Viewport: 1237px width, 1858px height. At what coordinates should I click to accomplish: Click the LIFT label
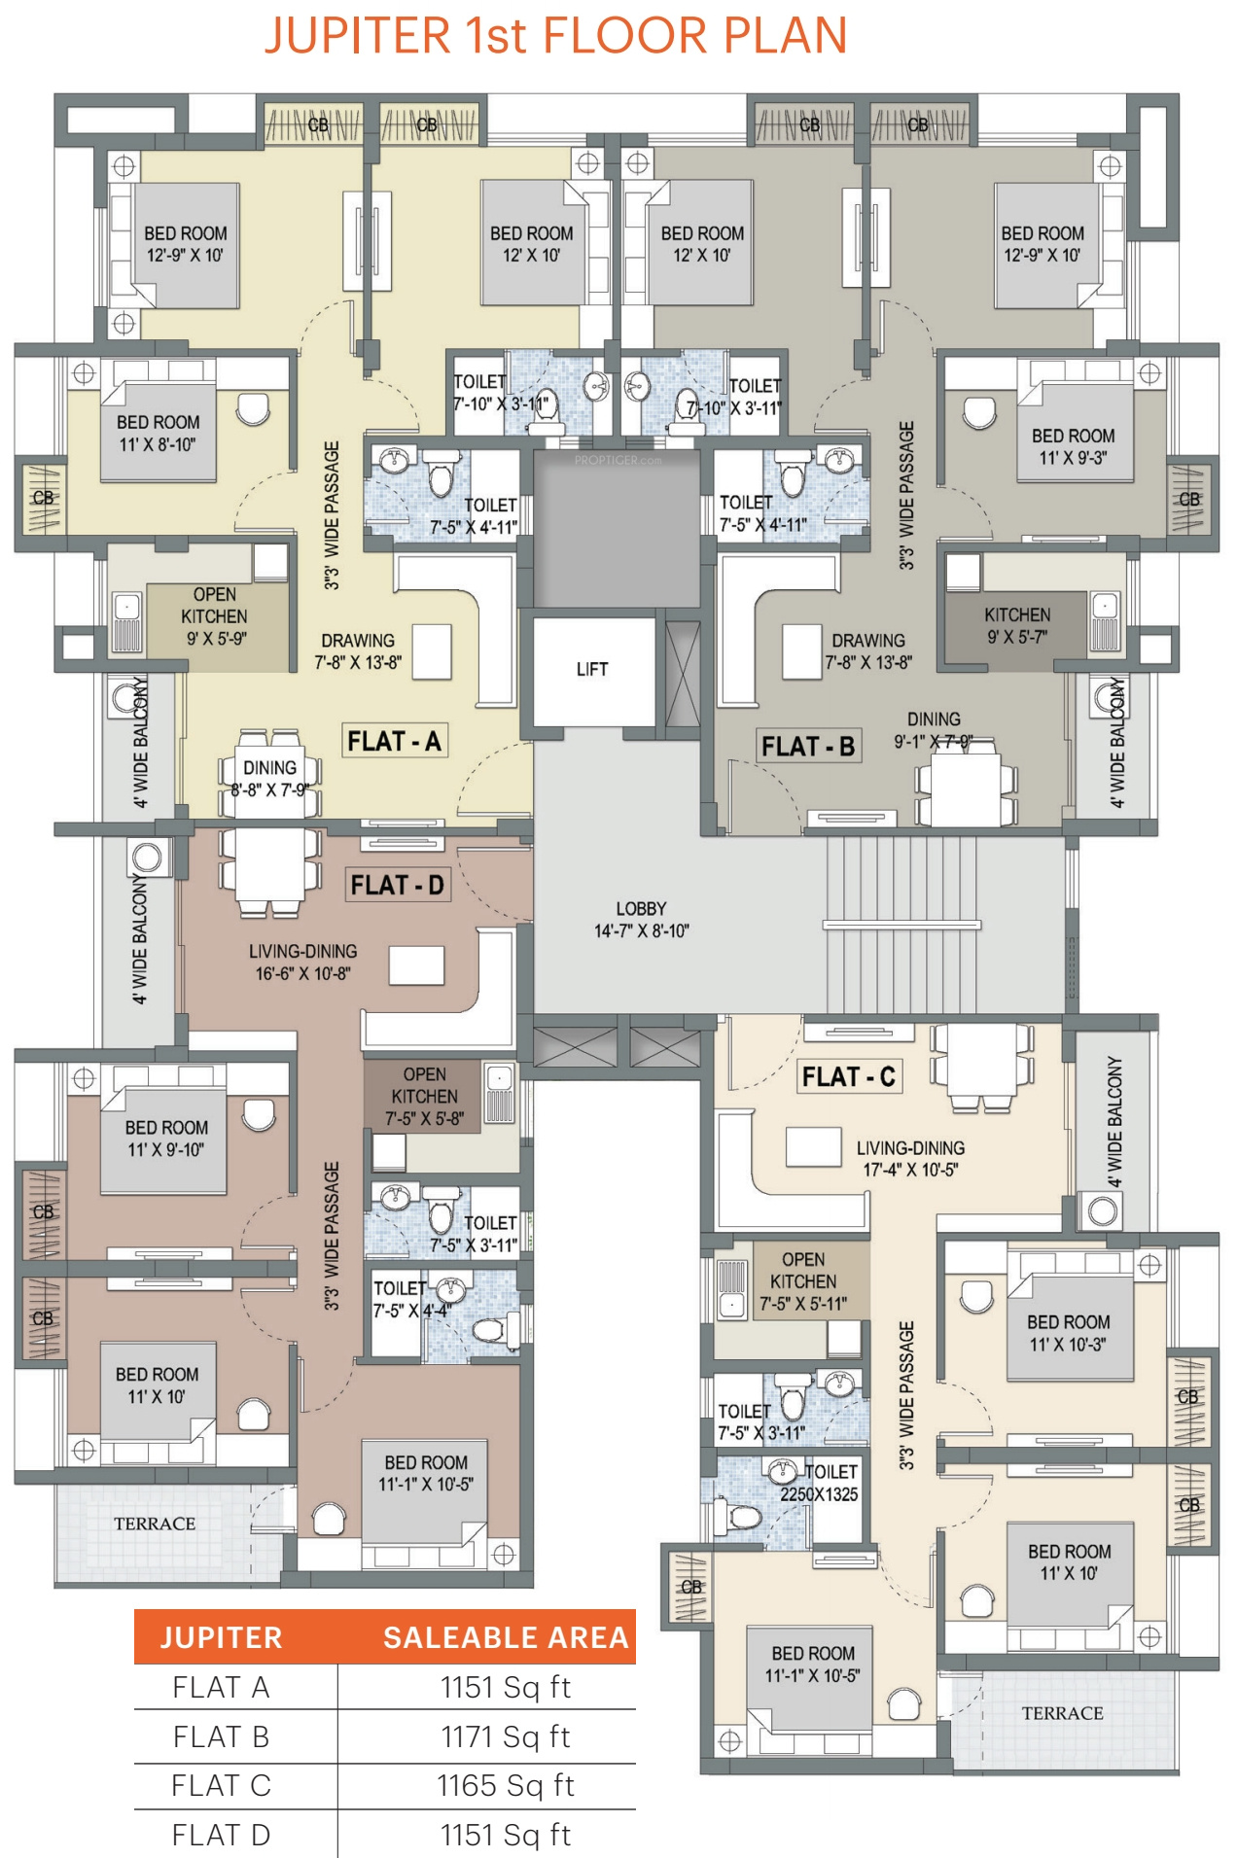[x=591, y=669]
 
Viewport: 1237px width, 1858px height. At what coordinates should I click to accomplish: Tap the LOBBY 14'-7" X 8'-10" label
[x=641, y=920]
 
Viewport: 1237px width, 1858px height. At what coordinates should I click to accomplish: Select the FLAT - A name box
[x=394, y=741]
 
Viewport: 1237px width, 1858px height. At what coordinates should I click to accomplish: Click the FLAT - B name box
[x=808, y=746]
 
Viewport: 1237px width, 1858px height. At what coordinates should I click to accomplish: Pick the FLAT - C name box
[x=848, y=1076]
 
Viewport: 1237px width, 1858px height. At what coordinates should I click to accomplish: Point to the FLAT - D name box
[x=397, y=885]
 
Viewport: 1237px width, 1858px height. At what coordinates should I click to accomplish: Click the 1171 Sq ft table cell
[x=505, y=1736]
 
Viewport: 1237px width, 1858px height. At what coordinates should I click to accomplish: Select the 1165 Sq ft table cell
[x=505, y=1785]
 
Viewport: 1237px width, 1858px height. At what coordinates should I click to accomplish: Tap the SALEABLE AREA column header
[x=506, y=1637]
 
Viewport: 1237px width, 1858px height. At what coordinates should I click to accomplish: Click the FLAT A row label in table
[x=221, y=1687]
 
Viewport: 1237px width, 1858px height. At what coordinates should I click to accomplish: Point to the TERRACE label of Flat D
[x=155, y=1524]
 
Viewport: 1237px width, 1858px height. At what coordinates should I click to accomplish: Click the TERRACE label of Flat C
[x=1062, y=1713]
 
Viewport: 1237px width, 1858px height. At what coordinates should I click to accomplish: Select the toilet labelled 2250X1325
[x=820, y=1484]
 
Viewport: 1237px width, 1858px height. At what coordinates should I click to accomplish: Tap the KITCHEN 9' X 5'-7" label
[x=1016, y=625]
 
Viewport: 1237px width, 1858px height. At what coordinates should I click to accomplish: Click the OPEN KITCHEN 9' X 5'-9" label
[x=215, y=616]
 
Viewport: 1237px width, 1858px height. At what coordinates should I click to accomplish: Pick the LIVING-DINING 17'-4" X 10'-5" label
[x=910, y=1159]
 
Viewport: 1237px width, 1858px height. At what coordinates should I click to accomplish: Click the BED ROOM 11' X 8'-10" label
[x=158, y=434]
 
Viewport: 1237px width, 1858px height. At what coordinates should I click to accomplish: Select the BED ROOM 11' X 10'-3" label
[x=1068, y=1333]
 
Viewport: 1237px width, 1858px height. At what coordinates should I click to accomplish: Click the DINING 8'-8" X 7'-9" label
[x=269, y=779]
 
